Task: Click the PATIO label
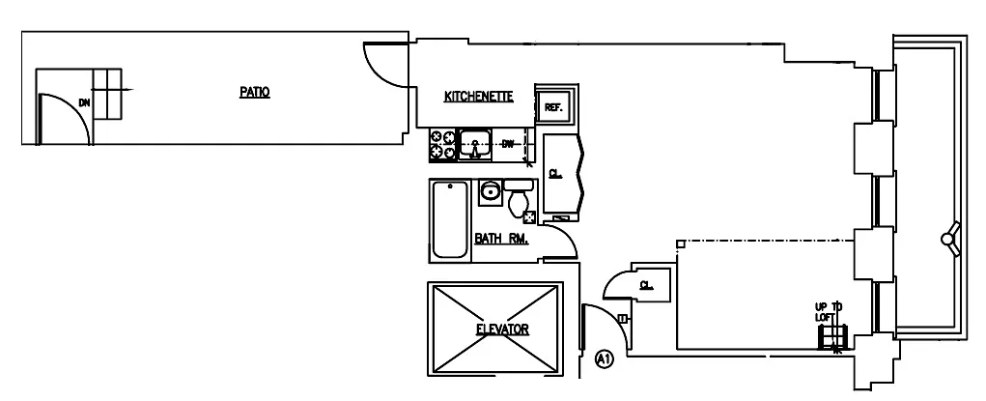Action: (254, 93)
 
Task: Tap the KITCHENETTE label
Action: (477, 97)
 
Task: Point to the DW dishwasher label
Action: (509, 144)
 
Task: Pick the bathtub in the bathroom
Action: (449, 219)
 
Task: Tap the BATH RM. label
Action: (500, 239)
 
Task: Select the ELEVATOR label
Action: (502, 329)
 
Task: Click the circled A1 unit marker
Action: (605, 359)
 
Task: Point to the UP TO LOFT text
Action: (828, 311)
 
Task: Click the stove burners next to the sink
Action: (441, 145)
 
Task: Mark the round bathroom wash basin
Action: (491, 190)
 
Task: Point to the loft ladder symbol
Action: (831, 336)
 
